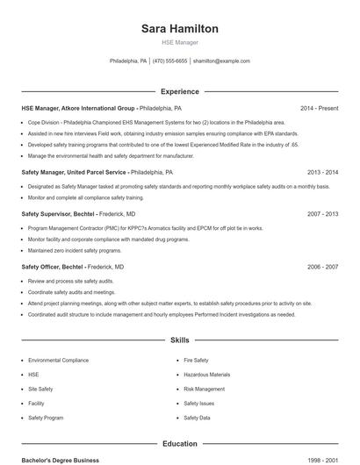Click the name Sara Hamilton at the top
click(180, 29)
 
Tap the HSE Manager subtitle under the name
click(180, 42)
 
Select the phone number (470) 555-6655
click(170, 61)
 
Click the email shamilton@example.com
click(221, 61)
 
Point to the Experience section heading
click(180, 91)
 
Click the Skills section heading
click(180, 339)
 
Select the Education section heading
click(180, 444)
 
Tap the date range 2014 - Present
click(319, 108)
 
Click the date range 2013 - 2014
click(322, 173)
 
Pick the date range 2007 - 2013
click(322, 213)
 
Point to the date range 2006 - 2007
click(322, 266)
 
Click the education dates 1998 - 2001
click(322, 460)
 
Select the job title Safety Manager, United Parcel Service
click(75, 173)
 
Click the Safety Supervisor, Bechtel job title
click(59, 213)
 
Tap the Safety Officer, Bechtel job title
click(53, 266)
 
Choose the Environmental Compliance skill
click(58, 361)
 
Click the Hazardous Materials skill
click(207, 375)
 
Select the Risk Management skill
click(205, 389)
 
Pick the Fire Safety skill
click(196, 361)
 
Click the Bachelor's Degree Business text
click(60, 460)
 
